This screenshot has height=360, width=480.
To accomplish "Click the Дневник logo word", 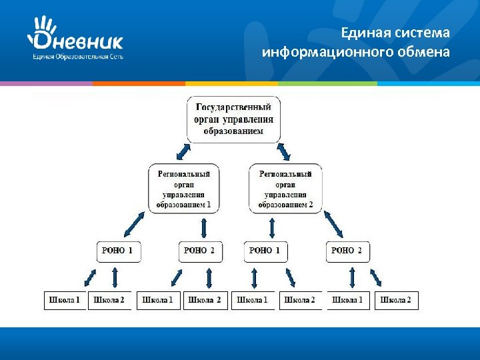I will coord(79,41).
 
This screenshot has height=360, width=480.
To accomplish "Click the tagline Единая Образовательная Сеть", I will coord(78,57).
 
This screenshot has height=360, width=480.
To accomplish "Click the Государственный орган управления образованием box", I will coord(233,119).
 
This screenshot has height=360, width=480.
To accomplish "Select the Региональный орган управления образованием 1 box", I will coord(183,189).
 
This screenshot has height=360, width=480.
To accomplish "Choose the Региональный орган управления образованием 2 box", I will coord(285,189).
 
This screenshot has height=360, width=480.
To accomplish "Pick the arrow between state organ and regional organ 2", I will coord(283,151).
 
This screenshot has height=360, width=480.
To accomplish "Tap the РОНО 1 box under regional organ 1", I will coord(118,251).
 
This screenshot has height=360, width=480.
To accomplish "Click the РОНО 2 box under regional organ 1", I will coord(199,251).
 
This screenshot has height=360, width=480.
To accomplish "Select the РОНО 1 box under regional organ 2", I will coord(265,251).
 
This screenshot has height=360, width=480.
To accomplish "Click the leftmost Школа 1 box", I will coord(64,301).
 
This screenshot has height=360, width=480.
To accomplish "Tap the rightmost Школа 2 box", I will coord(395,301).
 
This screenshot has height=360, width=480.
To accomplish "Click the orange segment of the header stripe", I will coord(139,83).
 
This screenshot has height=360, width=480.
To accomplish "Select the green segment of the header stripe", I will coord(327,83).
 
